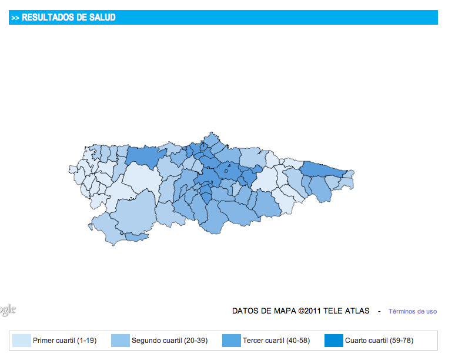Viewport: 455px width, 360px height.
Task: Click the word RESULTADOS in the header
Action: click(x=48, y=18)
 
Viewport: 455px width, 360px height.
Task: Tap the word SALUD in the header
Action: click(x=103, y=18)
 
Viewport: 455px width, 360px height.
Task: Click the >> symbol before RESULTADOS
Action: click(x=15, y=18)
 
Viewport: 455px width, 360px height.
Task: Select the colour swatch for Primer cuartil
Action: click(x=21, y=341)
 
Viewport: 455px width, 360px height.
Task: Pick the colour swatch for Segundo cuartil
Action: click(x=120, y=341)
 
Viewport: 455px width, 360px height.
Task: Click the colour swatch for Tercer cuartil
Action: click(x=231, y=341)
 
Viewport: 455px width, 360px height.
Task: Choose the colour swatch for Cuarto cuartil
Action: click(x=333, y=341)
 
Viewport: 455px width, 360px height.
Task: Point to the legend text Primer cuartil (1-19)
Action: click(x=65, y=341)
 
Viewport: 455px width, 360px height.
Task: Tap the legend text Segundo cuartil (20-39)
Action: click(x=165, y=341)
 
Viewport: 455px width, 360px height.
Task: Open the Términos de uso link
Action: click(x=413, y=311)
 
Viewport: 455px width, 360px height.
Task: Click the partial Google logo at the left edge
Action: click(x=7, y=309)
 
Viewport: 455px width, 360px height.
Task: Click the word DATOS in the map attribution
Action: click(x=246, y=311)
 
